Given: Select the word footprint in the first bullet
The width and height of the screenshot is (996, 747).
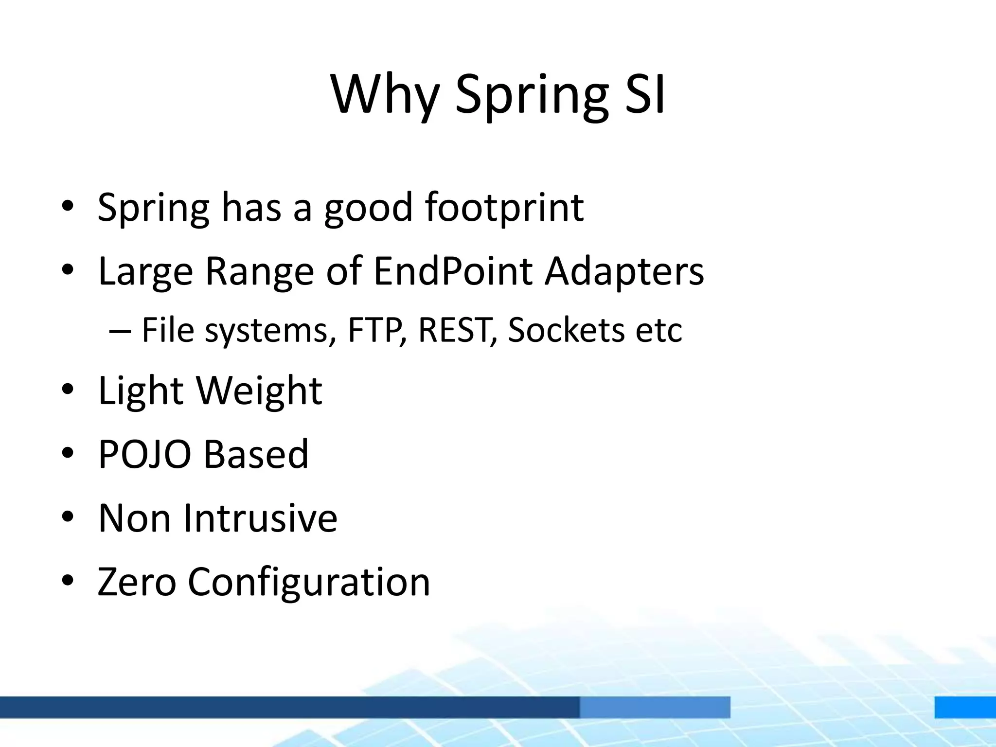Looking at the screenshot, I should point(504,208).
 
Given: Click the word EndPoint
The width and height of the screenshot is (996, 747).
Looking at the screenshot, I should point(452,271).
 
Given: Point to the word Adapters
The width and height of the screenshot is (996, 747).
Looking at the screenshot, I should point(624,271).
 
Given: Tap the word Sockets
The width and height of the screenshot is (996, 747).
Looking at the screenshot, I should point(566,330).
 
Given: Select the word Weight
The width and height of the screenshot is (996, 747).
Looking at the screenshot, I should point(259,390).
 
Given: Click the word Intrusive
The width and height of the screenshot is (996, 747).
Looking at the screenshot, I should point(260,518).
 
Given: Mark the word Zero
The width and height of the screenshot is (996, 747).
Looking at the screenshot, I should point(137,582).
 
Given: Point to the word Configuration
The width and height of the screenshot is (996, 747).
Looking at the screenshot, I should point(309,583).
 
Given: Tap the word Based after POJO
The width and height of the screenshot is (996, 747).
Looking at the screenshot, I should point(255,454).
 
